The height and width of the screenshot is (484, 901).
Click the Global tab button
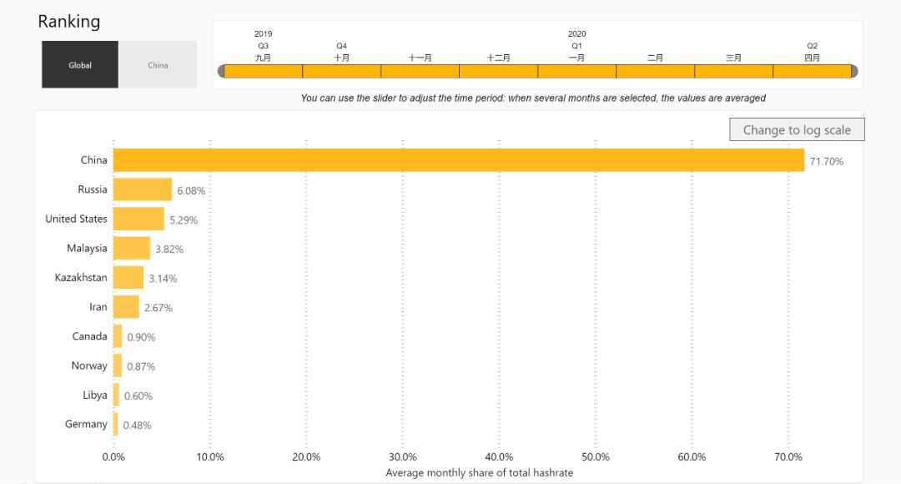coord(80,65)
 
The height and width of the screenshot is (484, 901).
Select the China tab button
coord(158,65)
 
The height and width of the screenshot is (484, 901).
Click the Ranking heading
coord(69,22)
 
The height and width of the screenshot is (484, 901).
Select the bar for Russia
coord(143,189)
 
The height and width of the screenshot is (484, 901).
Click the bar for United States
coord(138,219)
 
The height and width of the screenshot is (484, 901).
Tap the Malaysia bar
coord(132,248)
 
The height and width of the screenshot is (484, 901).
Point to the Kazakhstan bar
coord(128,278)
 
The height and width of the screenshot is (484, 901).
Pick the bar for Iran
coord(126,307)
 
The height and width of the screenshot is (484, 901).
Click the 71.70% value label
coord(827,161)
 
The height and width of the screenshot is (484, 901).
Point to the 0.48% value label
coord(137,425)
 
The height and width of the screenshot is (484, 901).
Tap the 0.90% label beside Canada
coord(141,337)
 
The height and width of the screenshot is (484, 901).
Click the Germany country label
coord(86,424)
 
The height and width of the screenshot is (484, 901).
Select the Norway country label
coord(89,366)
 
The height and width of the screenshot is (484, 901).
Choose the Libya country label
coord(95,395)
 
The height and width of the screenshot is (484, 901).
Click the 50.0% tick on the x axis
coord(596,456)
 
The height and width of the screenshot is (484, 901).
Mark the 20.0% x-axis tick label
coord(306,456)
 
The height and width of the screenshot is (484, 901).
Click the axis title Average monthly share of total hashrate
coord(479,472)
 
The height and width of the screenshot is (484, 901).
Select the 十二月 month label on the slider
coord(499,58)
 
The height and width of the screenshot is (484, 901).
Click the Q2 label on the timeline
coord(812,46)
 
